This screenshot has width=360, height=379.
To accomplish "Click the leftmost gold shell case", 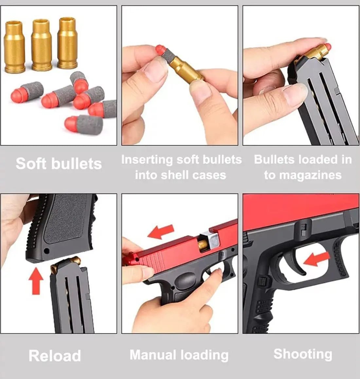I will (14, 46).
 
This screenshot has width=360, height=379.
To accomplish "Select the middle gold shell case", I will (41, 45).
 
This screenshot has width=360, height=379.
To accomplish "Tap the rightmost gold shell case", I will (68, 43).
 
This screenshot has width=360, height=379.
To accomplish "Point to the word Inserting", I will (147, 160).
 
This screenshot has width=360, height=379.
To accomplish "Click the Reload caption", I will (55, 356).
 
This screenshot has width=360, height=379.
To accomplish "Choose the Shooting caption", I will (303, 354).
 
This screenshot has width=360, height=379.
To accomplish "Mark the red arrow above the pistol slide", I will (161, 232).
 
